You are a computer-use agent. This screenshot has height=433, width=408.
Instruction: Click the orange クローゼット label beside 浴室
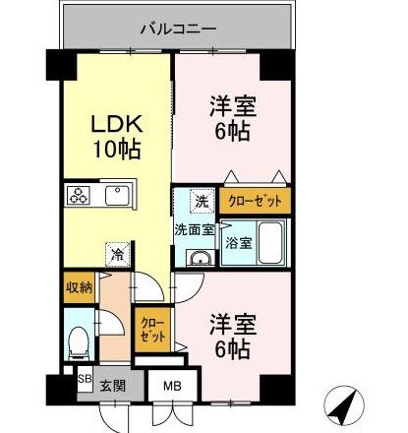click(254, 201)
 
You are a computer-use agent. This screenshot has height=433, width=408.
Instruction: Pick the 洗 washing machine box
click(202, 201)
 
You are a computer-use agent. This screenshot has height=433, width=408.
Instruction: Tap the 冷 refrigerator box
click(117, 255)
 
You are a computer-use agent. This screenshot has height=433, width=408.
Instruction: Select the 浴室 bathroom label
click(237, 240)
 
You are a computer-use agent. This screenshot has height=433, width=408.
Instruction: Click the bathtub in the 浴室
click(271, 240)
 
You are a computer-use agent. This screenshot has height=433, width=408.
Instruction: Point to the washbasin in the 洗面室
click(200, 259)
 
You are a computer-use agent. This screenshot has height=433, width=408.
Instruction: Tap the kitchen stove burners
click(79, 194)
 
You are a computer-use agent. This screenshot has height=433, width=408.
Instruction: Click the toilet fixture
click(79, 340)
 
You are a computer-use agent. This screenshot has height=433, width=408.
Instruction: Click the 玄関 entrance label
click(111, 387)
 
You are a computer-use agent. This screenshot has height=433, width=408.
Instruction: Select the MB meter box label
click(173, 387)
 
